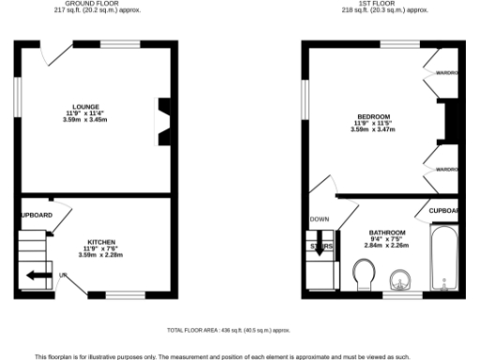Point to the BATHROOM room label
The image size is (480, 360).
[386, 232]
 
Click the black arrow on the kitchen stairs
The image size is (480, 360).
[39, 276]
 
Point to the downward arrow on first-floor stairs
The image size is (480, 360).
[321, 247]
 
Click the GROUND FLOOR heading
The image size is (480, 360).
[91, 4]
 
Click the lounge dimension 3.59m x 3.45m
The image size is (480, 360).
[93, 120]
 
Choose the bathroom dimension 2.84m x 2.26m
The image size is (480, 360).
[386, 246]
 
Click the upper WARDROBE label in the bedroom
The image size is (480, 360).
[445, 73]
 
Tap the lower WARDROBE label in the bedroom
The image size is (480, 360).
[445, 169]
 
